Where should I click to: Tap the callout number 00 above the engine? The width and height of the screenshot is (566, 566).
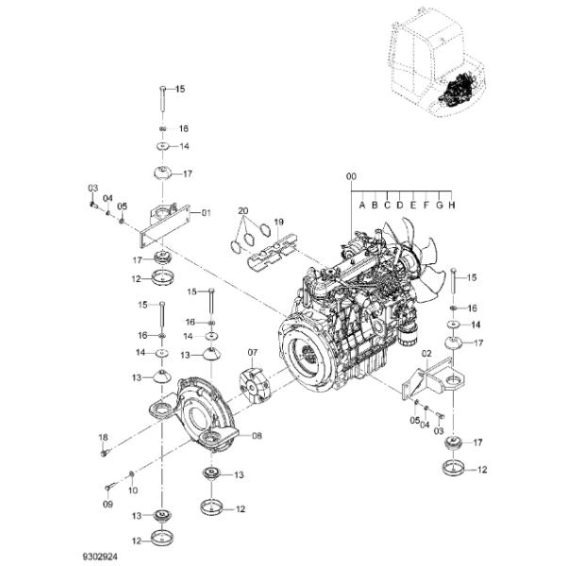click(x=351, y=176)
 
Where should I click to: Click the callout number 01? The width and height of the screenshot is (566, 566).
click(x=206, y=213)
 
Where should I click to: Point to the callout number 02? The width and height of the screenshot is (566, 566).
click(x=425, y=352)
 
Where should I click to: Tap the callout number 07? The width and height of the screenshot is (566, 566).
click(x=253, y=353)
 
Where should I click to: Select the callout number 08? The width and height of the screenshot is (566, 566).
click(x=257, y=436)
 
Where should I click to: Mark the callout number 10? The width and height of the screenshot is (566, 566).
click(x=132, y=490)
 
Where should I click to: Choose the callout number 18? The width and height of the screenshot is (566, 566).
click(x=104, y=438)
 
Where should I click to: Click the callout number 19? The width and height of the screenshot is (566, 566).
click(x=278, y=223)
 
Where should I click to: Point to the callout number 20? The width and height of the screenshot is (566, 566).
click(x=242, y=210)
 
